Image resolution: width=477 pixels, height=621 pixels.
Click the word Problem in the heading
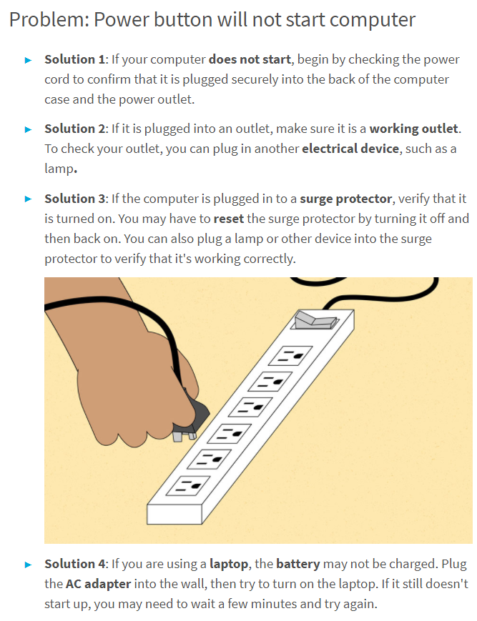tap(46, 20)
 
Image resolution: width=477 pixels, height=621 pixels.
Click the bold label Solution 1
tap(74, 59)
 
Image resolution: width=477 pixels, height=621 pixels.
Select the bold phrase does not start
tap(250, 59)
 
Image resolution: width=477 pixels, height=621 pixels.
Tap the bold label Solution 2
tap(74, 129)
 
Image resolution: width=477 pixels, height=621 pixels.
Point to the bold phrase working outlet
tap(413, 129)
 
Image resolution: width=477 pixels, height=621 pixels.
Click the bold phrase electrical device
tap(350, 149)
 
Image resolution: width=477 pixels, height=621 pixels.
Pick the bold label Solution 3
tap(74, 199)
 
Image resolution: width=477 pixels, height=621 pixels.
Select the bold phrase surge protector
tap(346, 199)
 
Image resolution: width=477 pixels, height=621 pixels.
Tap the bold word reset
tap(229, 219)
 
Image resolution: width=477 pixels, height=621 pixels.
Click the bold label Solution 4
tap(74, 564)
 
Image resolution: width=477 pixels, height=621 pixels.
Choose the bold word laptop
tap(229, 564)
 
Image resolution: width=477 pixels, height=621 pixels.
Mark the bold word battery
tap(298, 564)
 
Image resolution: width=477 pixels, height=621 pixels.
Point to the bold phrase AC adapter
tap(98, 584)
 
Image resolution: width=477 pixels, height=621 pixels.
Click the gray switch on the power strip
tap(315, 320)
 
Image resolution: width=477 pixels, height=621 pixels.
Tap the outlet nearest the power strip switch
tap(291, 356)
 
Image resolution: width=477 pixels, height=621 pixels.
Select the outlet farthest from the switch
tap(189, 485)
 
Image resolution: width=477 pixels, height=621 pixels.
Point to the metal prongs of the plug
tap(185, 436)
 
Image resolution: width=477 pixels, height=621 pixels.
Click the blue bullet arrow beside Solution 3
tap(28, 199)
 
